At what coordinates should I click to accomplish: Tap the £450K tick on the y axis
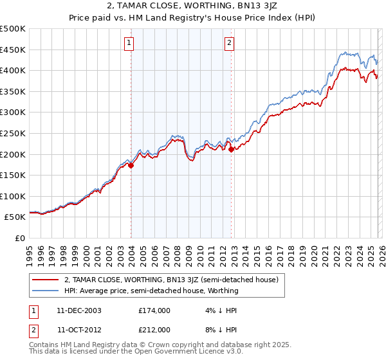coord(13,50)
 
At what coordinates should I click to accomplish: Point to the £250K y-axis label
coord(13,133)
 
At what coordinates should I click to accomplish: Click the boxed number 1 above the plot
coord(129,43)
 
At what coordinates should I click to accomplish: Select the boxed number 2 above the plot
coord(230,43)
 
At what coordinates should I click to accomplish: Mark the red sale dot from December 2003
coord(131,165)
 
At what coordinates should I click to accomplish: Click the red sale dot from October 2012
coord(232,149)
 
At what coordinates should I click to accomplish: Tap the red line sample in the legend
coord(46,280)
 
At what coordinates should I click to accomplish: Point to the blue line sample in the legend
coord(46,291)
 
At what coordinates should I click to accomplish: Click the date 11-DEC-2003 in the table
coord(79,310)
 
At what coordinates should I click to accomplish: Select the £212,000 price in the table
coord(154,329)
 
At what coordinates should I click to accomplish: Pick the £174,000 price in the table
coord(154,310)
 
